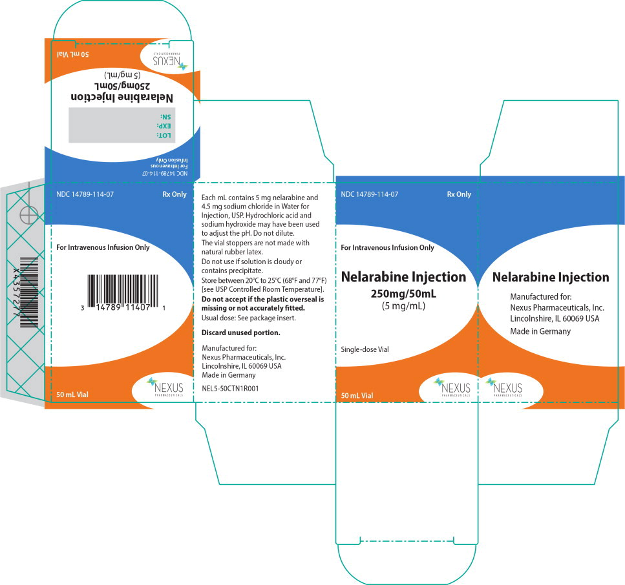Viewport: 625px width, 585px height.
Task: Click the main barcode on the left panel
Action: pos(123,294)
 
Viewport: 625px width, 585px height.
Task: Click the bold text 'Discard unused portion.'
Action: pos(240,333)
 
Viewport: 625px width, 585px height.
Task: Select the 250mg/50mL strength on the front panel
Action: pos(403,294)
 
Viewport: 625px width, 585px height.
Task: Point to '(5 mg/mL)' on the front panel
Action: pos(403,307)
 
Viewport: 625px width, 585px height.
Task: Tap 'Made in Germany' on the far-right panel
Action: pos(540,331)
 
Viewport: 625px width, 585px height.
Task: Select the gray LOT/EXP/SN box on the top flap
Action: pos(118,125)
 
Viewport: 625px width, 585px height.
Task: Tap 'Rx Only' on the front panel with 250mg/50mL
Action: pos(458,194)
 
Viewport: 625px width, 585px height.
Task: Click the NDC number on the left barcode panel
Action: pos(82,194)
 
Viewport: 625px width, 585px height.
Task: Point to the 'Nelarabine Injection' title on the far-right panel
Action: pos(551,278)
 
